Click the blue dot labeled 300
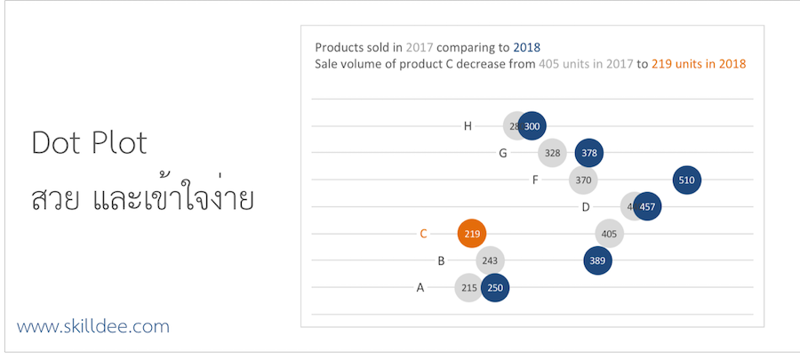coord(532,126)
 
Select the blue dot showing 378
coord(588,153)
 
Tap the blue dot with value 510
coord(686,180)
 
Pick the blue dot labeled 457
coord(647,207)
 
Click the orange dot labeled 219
coord(472,234)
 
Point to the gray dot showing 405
coord(609,234)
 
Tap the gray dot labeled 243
coord(489,260)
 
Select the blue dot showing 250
coord(495,287)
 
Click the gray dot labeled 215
coord(468,287)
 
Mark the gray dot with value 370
coord(583,180)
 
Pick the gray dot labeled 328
coord(552,153)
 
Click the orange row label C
coord(423,234)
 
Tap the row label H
coord(468,126)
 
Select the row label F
coord(535,180)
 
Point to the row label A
coord(420,287)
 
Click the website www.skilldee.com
coord(93,326)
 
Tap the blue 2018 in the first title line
coord(526,47)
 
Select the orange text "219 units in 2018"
coord(699,64)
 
